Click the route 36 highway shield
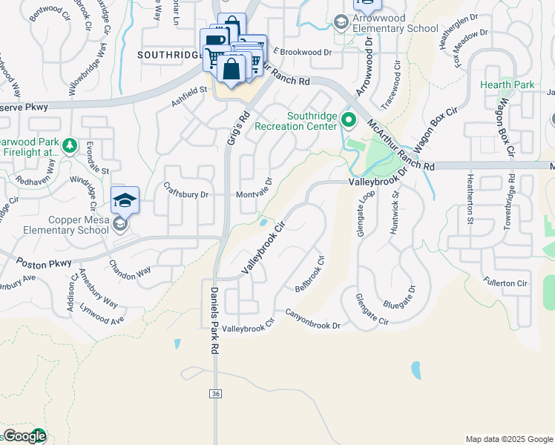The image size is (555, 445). (x=215, y=394)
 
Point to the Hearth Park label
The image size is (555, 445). (x=508, y=85)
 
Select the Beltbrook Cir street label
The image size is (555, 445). (x=310, y=274)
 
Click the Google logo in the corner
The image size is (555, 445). (x=24, y=436)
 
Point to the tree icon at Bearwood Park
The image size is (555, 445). (x=69, y=145)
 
